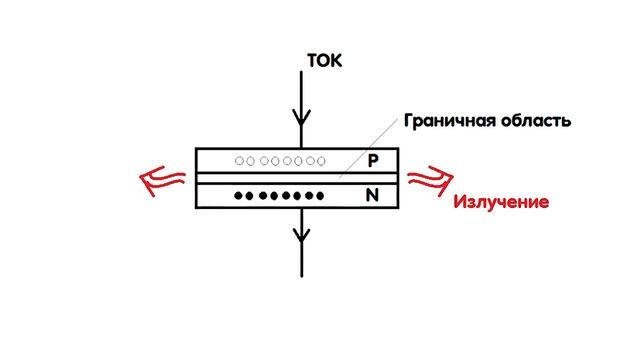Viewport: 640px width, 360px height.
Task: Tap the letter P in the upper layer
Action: click(x=373, y=160)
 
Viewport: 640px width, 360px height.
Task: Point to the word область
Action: click(x=536, y=122)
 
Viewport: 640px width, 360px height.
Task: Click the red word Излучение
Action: click(x=502, y=202)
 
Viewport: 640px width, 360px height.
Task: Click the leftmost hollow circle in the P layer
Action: click(x=239, y=161)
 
